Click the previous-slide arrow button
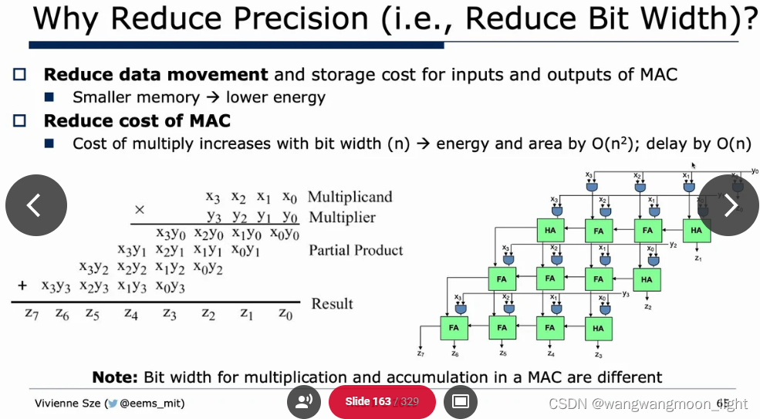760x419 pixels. pyautogui.click(x=36, y=205)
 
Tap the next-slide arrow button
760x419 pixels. pyautogui.click(x=729, y=205)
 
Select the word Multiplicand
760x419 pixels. pyautogui.click(x=350, y=197)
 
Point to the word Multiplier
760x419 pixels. pyautogui.click(x=342, y=217)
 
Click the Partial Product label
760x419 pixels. pyautogui.click(x=356, y=250)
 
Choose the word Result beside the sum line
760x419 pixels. pyautogui.click(x=332, y=303)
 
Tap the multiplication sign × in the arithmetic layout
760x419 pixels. pyautogui.click(x=140, y=210)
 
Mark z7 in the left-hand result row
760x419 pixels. pyautogui.click(x=32, y=313)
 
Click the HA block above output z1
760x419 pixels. pyautogui.click(x=696, y=230)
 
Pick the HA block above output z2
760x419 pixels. pyautogui.click(x=647, y=279)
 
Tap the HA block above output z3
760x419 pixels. pyautogui.click(x=598, y=328)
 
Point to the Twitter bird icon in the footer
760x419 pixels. pyautogui.click(x=113, y=404)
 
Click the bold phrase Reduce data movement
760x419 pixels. pyautogui.click(x=156, y=75)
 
